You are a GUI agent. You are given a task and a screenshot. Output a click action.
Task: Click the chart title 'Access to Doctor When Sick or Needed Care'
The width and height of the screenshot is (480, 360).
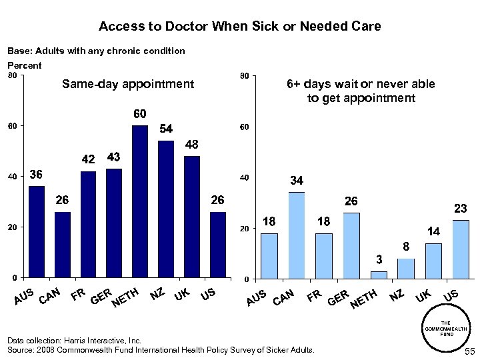[x=239, y=27]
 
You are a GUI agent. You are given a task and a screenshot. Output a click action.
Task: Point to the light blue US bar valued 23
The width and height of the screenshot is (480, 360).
[x=460, y=249]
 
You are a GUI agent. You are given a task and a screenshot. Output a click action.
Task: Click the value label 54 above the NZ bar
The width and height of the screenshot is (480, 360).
[x=165, y=129]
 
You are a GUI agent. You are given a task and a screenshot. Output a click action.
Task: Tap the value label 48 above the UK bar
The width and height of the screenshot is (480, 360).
[x=192, y=144]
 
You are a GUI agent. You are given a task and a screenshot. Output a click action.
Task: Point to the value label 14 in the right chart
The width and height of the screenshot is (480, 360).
[x=433, y=231]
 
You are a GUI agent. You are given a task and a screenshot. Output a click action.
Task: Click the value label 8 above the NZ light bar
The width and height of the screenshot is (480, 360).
[x=405, y=247]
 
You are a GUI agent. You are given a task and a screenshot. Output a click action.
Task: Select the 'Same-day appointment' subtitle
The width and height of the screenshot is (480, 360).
[x=127, y=84]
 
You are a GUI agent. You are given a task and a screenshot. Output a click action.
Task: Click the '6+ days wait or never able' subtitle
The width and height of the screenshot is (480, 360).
[x=360, y=84]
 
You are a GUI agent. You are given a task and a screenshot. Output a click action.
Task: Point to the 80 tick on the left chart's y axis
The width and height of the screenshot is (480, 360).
[x=11, y=75]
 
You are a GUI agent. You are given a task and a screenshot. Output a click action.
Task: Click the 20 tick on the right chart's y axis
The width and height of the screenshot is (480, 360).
[x=244, y=229]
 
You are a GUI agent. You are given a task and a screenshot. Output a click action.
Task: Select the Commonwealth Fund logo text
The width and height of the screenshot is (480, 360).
[x=447, y=329]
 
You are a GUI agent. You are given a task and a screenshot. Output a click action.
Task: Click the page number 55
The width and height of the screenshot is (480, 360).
[x=468, y=351]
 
